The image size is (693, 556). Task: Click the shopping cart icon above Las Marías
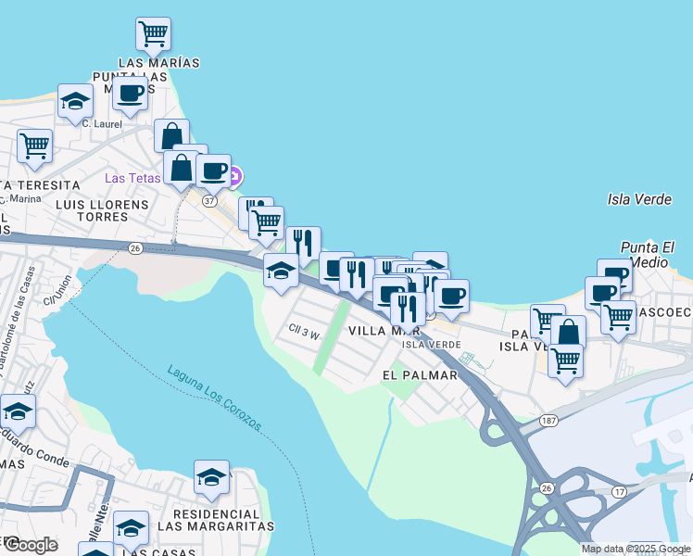point(153,34)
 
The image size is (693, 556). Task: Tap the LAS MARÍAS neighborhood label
point(159,62)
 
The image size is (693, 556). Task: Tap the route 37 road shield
point(209,201)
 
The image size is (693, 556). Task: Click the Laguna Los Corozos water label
point(215,398)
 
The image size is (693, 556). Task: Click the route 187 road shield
point(548,421)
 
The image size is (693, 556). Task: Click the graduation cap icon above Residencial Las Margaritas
point(211,477)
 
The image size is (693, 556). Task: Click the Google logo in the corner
point(30,545)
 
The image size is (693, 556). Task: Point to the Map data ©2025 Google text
point(636,549)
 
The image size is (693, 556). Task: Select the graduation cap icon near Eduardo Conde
point(17,411)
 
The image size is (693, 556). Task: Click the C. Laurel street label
point(102,122)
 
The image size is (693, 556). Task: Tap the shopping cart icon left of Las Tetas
point(34,145)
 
